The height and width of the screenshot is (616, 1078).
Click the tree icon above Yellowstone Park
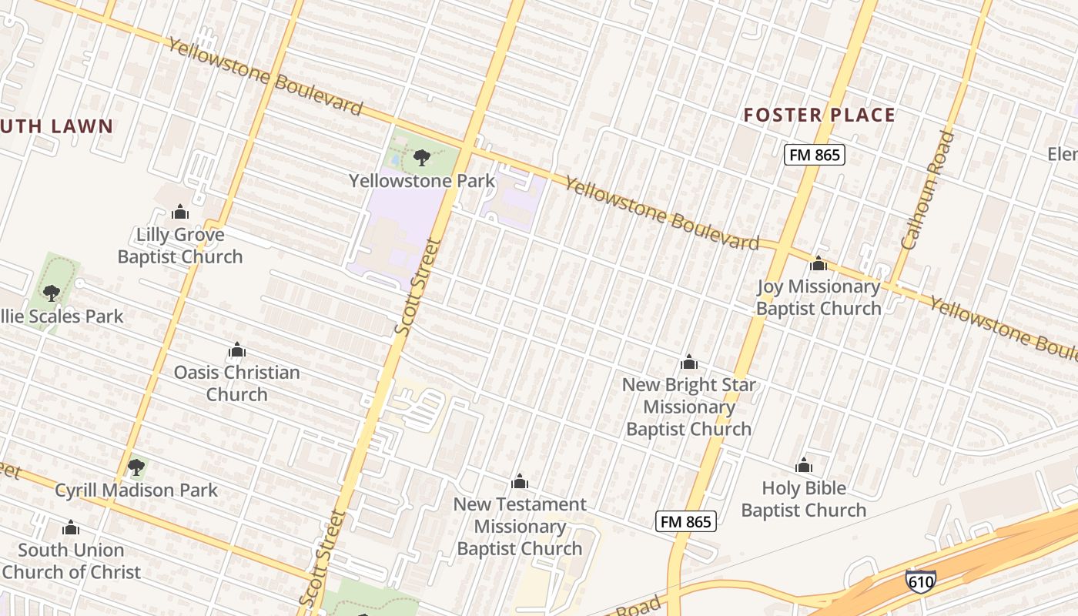tap(421, 158)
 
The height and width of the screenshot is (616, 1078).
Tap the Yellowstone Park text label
tap(421, 181)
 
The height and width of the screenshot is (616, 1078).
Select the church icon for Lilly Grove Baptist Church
tap(180, 212)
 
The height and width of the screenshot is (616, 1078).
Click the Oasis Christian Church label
tap(236, 383)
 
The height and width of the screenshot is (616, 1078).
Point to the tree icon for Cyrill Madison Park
tap(136, 467)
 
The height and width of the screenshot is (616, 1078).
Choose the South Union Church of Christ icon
tap(71, 527)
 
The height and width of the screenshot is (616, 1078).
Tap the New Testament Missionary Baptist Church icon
tap(520, 482)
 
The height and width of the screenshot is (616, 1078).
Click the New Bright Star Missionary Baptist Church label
tap(688, 407)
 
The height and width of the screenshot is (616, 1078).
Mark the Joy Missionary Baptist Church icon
tap(819, 264)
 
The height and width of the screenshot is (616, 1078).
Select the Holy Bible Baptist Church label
tap(803, 499)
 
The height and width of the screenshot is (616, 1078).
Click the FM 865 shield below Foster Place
tap(815, 155)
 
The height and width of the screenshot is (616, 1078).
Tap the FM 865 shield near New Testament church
tap(686, 521)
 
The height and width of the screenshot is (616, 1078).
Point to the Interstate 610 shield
tap(921, 580)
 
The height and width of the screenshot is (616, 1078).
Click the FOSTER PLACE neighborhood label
tap(819, 115)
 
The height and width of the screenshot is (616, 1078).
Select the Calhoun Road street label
tap(927, 190)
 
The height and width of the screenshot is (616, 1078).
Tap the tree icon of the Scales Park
tap(52, 293)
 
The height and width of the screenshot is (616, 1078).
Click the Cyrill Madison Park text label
tap(136, 490)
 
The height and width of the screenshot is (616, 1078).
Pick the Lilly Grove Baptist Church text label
tap(180, 246)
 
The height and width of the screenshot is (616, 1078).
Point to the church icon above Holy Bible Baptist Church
tap(804, 465)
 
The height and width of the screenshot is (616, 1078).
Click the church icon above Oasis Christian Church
tap(237, 350)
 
